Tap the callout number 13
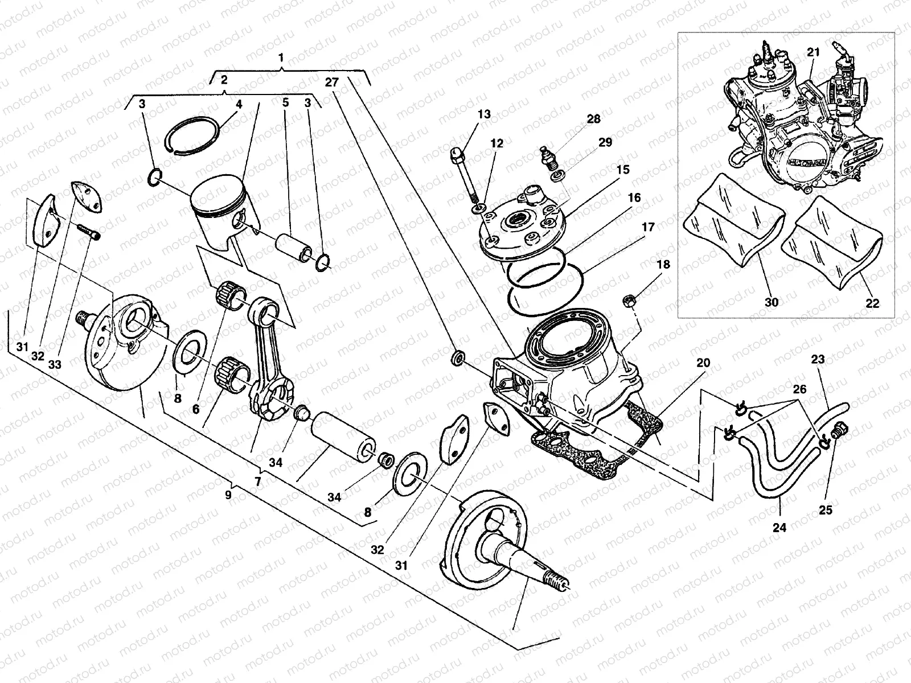pos(484,114)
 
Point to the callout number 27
pos(332,82)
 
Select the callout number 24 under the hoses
pos(779,528)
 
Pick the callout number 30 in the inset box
pos(772,303)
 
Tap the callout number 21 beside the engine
pos(813,52)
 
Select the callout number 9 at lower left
pos(228,494)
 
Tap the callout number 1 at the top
pos(281,58)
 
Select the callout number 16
pos(634,198)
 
